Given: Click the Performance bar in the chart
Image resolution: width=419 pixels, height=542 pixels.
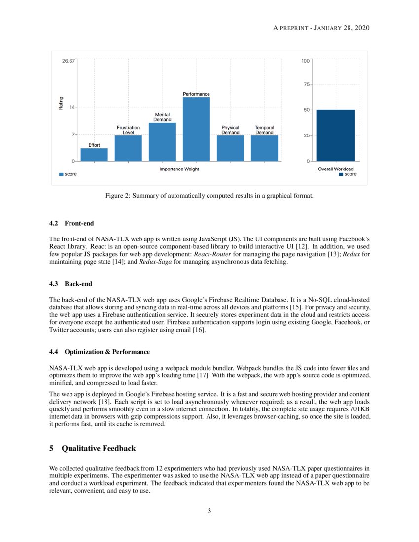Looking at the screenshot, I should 196,129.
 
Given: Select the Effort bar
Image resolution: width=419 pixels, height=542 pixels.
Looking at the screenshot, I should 94,155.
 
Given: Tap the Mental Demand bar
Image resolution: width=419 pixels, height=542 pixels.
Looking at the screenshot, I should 162,142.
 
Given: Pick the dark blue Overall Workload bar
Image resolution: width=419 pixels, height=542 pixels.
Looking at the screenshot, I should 336,135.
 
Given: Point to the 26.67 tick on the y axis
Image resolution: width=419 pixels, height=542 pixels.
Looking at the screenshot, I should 69,61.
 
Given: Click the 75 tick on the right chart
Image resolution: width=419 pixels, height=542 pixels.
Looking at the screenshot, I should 306,85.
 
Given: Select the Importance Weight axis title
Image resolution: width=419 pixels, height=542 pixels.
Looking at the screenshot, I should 179,169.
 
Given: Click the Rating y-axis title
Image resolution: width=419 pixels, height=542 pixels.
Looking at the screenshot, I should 61,102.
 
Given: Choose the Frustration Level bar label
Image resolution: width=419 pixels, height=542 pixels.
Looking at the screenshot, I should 128,130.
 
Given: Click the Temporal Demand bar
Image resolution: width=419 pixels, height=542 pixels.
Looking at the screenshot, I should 264,148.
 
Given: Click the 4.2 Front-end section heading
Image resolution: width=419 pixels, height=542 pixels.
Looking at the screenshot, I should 71,223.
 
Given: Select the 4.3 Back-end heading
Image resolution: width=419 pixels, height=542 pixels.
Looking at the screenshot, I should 71,284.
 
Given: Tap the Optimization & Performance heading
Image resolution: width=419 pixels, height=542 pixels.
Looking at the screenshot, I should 100,352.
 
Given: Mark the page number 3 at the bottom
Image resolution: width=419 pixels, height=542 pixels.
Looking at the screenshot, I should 209,511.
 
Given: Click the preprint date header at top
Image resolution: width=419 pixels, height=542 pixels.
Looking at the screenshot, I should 321,27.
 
